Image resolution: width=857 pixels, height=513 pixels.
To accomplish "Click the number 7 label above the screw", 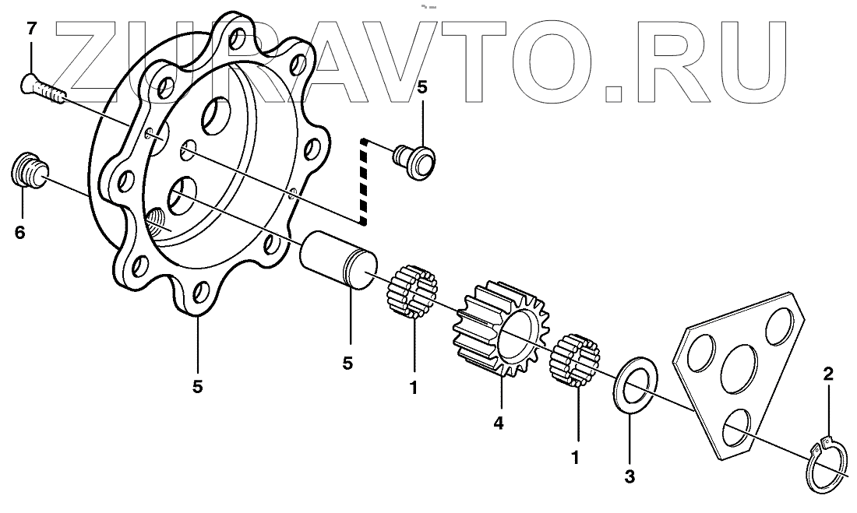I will point(31,30).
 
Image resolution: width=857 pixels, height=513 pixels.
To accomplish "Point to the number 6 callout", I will point(20,232).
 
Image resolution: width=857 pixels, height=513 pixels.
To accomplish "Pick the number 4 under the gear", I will point(499,423).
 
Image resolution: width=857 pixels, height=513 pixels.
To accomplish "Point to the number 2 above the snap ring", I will point(828,374).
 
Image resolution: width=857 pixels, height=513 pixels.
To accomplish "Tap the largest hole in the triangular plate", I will point(739,366).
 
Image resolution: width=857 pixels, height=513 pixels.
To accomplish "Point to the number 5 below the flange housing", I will point(197,385).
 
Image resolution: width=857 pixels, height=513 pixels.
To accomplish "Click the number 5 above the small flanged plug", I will point(421,87).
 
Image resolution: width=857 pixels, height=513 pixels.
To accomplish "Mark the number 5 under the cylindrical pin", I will point(347,363).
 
